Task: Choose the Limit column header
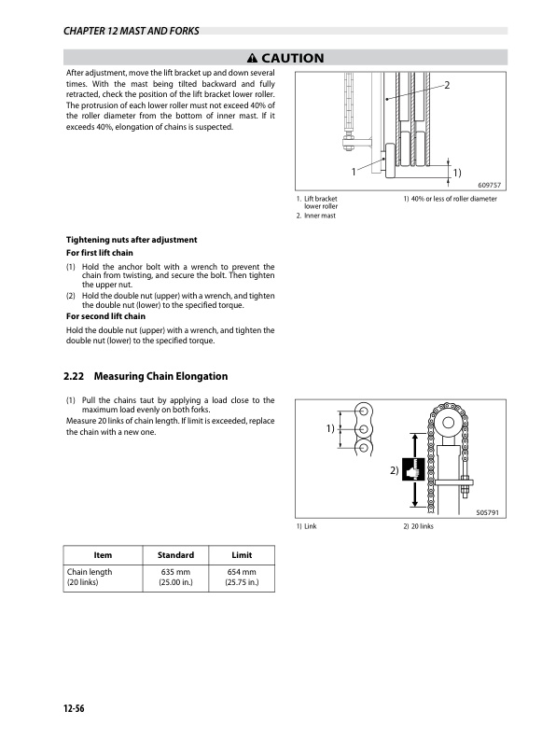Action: click(242, 555)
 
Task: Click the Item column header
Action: click(103, 555)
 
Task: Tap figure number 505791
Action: click(487, 513)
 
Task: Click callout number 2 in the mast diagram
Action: click(449, 87)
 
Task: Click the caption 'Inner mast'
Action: click(315, 216)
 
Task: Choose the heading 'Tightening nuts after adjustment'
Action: click(131, 240)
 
